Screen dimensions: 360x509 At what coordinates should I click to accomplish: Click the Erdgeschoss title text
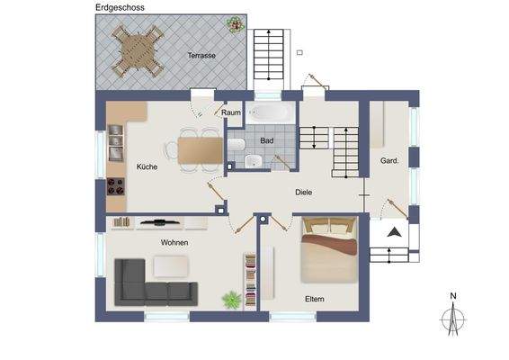point(126,6)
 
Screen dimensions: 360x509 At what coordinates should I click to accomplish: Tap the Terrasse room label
point(201,56)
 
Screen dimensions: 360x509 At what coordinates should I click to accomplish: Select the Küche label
point(147,166)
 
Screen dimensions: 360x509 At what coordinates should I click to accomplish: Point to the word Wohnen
point(174,243)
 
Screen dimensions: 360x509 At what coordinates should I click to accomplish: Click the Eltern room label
point(314,299)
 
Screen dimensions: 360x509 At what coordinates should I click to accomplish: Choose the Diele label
point(305,192)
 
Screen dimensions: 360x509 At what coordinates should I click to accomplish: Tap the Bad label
point(266,141)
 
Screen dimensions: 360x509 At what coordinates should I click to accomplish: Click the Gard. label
point(390,161)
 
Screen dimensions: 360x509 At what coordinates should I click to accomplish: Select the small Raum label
point(231,113)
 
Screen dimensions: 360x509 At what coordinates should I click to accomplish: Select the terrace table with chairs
point(137,50)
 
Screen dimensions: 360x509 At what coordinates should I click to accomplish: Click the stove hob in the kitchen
point(116,187)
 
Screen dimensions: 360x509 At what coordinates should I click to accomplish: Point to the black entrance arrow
point(394,232)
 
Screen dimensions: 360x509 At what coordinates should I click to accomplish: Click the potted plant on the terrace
point(235,23)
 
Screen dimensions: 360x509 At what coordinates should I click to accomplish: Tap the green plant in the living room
point(232,298)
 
